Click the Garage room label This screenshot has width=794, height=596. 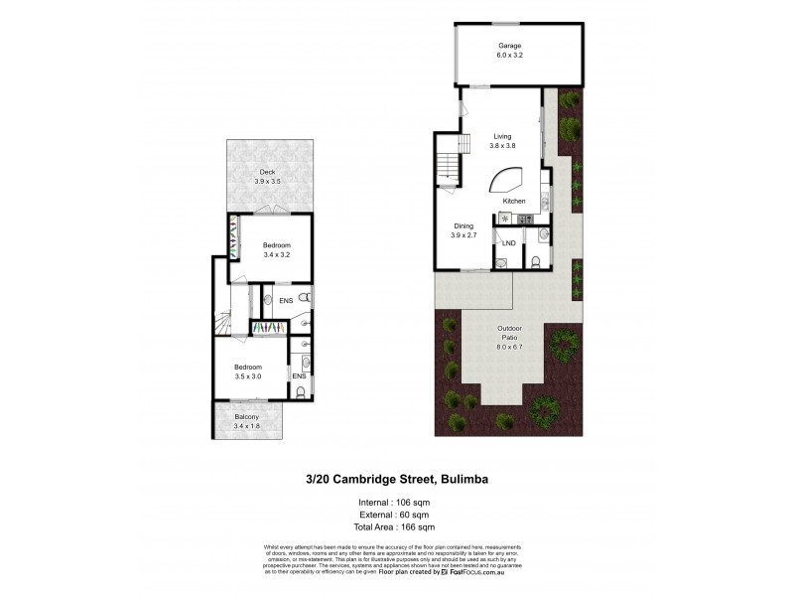point(510,46)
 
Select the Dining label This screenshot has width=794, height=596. point(464,226)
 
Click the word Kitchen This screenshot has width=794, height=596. point(514,203)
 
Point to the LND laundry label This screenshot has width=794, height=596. point(509,242)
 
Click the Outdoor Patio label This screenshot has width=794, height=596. point(509,335)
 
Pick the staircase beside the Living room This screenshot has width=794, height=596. point(449,159)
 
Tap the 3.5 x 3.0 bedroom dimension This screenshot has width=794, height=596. point(247,376)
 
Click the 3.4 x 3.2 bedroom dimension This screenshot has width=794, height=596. point(277,255)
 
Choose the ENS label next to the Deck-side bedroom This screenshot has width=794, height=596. point(285,299)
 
